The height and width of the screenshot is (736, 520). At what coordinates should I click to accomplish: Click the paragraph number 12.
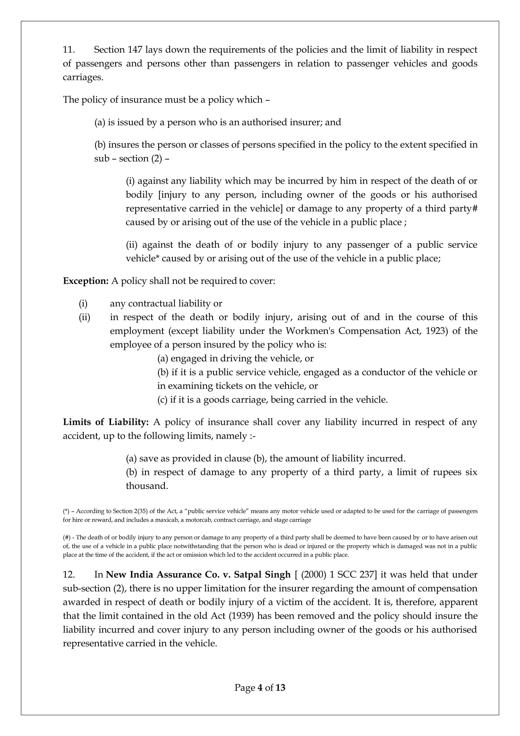tap(69, 575)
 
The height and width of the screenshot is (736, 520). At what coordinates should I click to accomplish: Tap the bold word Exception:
tap(86, 281)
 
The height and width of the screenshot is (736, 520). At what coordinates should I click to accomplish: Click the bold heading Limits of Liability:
tap(106, 422)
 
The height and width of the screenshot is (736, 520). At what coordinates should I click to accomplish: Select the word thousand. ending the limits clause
tap(147, 486)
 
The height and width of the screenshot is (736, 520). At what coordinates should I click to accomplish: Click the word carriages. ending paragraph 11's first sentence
tap(83, 78)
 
